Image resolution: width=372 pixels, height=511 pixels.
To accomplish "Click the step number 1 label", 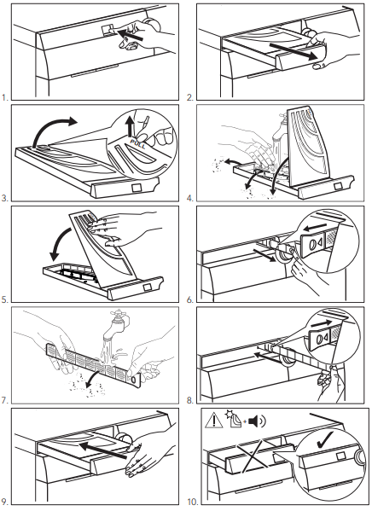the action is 4,97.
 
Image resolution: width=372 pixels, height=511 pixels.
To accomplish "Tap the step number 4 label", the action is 190,198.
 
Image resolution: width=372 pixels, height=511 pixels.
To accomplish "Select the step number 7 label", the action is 4,400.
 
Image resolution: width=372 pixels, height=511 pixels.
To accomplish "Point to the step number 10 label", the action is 193,502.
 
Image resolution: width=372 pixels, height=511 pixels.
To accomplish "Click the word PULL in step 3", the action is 138,142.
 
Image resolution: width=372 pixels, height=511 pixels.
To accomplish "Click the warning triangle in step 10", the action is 214,421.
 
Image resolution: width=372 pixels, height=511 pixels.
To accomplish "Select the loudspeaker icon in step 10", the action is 257,421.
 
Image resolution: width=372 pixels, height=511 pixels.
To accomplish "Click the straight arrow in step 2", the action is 294,51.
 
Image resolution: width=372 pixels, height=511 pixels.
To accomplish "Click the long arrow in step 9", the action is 102,450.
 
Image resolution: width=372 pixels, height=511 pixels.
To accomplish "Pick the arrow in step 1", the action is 130,35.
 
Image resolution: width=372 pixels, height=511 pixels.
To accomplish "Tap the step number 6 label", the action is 190,299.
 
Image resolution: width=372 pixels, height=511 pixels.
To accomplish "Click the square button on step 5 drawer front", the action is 147,287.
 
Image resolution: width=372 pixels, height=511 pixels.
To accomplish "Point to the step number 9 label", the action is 4,502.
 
